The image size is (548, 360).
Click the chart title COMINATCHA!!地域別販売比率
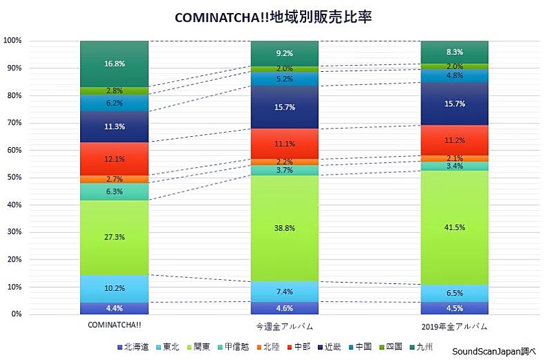273,16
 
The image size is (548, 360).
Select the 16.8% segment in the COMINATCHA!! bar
114,64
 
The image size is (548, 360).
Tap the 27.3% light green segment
114,237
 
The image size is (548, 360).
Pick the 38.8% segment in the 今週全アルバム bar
284,228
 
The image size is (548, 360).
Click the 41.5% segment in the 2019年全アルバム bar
454,227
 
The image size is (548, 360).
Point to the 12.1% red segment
114,159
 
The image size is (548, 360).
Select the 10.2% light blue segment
114,288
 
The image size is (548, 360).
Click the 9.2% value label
284,53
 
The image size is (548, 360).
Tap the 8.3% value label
454,52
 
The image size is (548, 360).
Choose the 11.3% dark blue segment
114,127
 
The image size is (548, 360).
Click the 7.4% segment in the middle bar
284,292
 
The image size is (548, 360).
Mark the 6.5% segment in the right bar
454,293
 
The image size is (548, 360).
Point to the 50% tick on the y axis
13,177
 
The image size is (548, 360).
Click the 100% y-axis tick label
13,40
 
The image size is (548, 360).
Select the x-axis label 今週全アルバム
284,324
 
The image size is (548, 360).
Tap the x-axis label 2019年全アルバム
454,324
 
